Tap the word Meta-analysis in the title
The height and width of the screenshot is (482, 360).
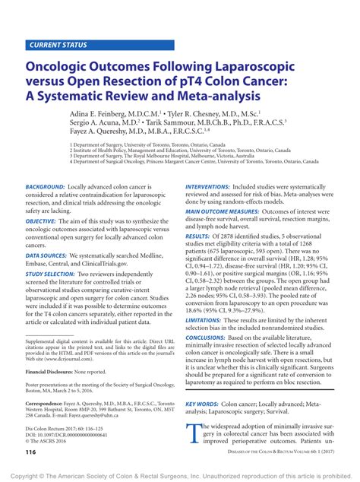pyautogui.click(x=207, y=97)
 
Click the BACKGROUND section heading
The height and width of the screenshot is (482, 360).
pyautogui.click(x=45, y=186)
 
